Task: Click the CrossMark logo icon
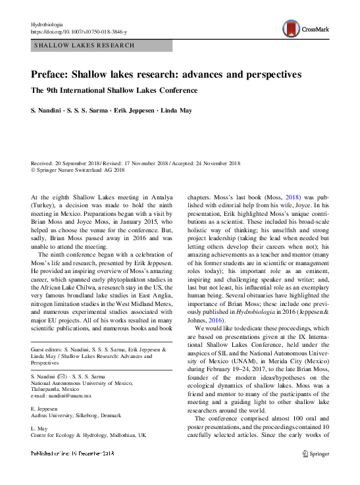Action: [290, 28]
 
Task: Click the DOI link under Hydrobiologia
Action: [79, 32]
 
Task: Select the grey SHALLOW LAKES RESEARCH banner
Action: [101, 46]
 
